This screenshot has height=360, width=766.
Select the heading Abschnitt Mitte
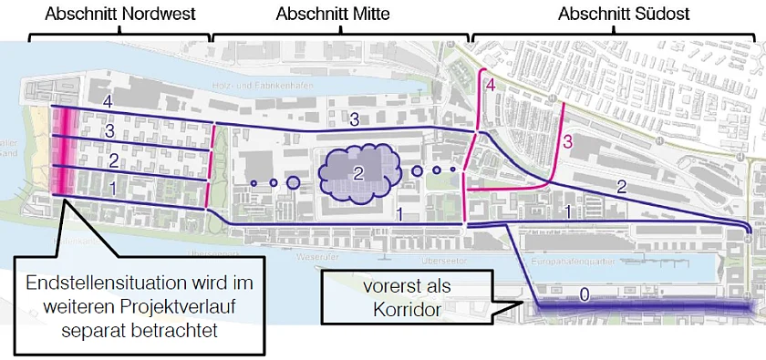(x=333, y=15)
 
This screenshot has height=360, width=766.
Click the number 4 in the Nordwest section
(x=109, y=100)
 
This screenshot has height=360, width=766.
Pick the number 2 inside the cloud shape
(x=359, y=171)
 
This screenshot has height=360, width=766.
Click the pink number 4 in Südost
(x=490, y=85)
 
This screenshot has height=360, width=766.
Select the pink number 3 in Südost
(x=567, y=141)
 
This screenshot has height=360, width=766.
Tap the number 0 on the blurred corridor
(x=585, y=293)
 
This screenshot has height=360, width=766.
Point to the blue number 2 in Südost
(x=622, y=188)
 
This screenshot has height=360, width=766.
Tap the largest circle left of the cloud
(x=293, y=182)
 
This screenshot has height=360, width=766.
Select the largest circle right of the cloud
(x=417, y=170)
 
